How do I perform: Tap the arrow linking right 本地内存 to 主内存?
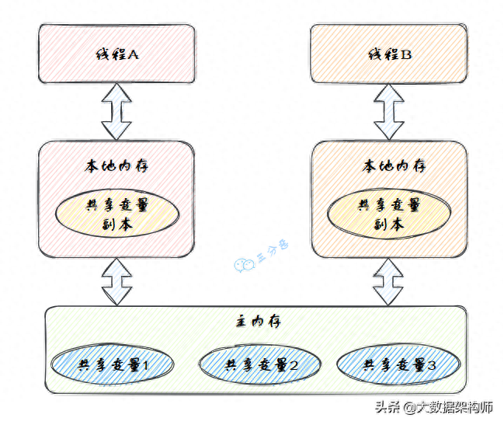pyautogui.click(x=388, y=282)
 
